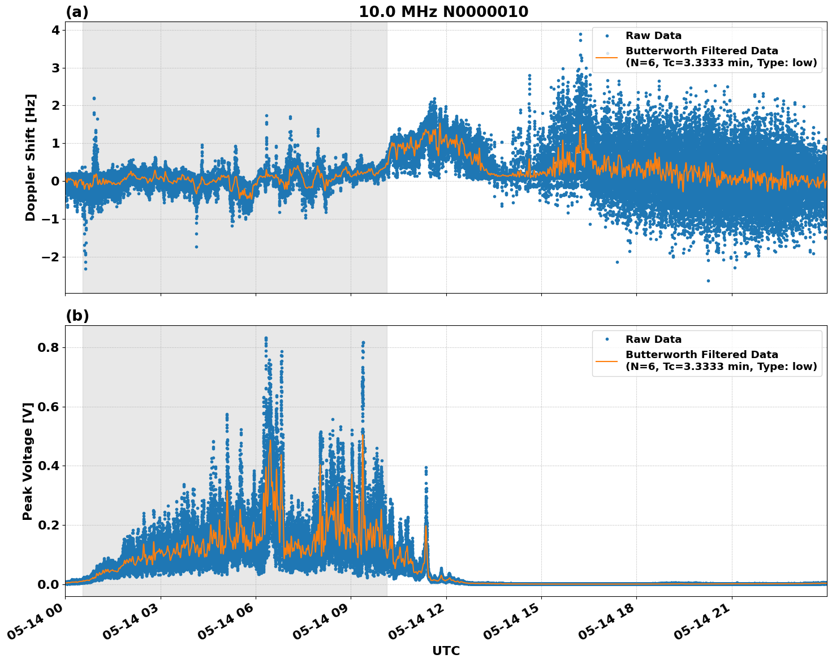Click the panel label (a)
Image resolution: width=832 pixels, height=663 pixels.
pyautogui.click(x=77, y=12)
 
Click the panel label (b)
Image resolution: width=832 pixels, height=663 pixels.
pyautogui.click(x=77, y=316)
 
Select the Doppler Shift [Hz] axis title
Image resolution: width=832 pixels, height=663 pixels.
pyautogui.click(x=31, y=157)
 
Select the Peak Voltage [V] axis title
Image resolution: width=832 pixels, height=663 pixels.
pyautogui.click(x=28, y=461)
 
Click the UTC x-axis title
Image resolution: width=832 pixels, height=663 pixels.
pyautogui.click(x=446, y=651)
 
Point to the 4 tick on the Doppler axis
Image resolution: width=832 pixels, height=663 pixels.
pyautogui.click(x=55, y=30)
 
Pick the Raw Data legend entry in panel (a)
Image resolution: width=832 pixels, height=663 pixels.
pyautogui.click(x=653, y=36)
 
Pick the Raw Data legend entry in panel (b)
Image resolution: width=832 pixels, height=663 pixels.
pyautogui.click(x=653, y=339)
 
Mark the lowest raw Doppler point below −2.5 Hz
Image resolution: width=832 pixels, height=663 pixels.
pyautogui.click(x=708, y=281)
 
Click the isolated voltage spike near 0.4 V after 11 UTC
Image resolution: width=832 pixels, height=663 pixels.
pyautogui.click(x=426, y=468)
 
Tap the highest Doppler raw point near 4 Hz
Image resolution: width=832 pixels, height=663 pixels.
pyautogui.click(x=580, y=34)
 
